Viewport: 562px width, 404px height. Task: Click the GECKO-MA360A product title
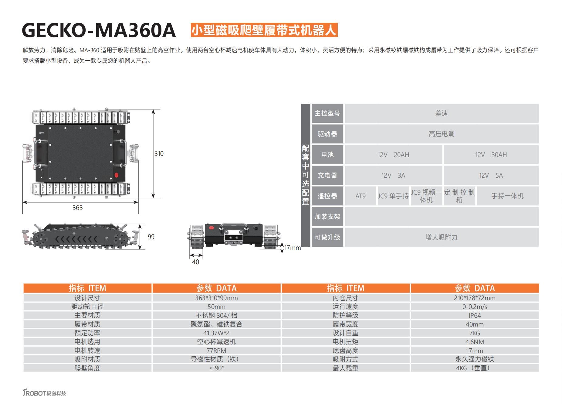(x=99, y=30)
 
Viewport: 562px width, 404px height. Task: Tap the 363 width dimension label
(x=77, y=207)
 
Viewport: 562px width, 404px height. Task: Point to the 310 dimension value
(x=159, y=154)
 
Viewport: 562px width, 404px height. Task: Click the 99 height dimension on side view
(x=151, y=237)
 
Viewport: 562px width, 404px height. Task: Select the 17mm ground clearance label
(x=292, y=248)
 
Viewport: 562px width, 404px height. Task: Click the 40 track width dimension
(x=196, y=262)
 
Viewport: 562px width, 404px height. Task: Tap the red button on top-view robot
(x=116, y=175)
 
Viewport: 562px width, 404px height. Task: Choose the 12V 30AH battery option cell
(x=491, y=155)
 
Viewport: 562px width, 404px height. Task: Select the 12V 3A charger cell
(x=393, y=176)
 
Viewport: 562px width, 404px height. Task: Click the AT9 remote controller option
(x=361, y=196)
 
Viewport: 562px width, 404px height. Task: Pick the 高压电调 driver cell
(x=441, y=134)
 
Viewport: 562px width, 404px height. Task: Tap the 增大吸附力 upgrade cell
(x=441, y=237)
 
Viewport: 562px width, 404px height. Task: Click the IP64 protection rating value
(x=475, y=316)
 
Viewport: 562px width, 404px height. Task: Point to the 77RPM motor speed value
(x=216, y=351)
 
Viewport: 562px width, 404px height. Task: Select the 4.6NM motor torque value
(x=475, y=342)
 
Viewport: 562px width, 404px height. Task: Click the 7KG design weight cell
(x=475, y=333)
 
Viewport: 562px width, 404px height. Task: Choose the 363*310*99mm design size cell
(x=216, y=298)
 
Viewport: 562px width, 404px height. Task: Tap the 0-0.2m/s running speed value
(x=475, y=307)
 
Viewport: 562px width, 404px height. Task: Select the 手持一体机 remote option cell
(x=507, y=196)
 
